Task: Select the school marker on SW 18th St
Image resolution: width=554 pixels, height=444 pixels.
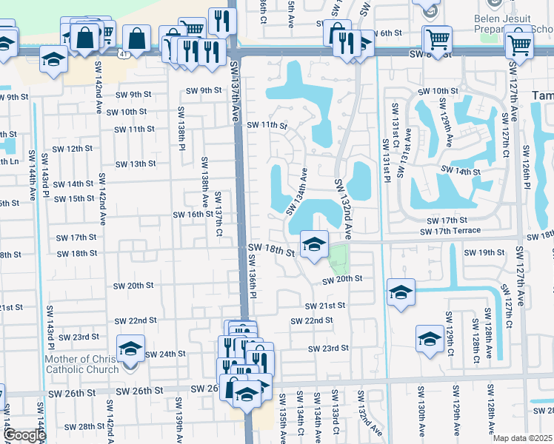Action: [x=313, y=244]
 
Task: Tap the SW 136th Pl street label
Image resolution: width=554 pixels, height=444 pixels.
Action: [x=252, y=277]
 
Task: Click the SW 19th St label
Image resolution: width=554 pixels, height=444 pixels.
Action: [x=484, y=253]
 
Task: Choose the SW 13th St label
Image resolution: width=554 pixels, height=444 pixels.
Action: [x=135, y=164]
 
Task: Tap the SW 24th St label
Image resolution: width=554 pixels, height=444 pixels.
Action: [x=164, y=354]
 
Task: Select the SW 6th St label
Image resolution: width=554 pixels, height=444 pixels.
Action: [x=385, y=33]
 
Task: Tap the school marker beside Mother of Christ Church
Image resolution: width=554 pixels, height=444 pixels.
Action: [x=130, y=349]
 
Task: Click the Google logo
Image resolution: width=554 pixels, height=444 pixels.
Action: [x=24, y=435]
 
